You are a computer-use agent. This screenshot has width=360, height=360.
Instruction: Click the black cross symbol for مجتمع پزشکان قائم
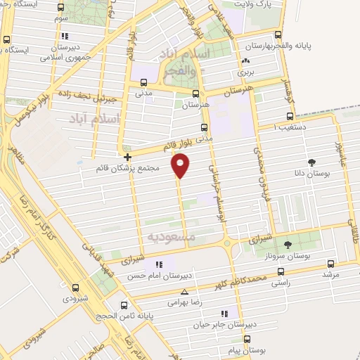[127, 157]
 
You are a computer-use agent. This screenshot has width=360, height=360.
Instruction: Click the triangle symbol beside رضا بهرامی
[184, 291]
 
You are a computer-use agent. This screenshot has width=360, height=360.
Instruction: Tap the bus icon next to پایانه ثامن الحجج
[124, 305]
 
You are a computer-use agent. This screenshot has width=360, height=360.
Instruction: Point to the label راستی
[300, 282]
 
